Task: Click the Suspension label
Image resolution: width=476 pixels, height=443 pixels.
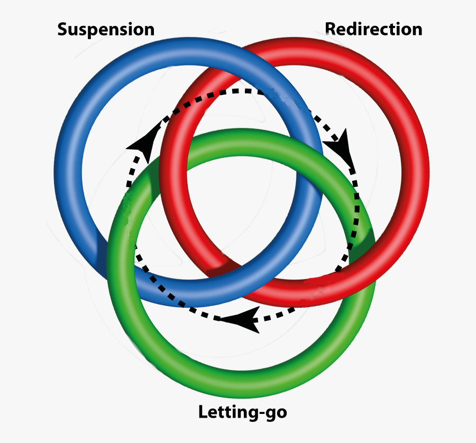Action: [106, 29]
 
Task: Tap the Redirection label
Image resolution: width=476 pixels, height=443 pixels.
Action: [373, 29]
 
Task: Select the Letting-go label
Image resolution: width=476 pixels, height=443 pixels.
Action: [242, 412]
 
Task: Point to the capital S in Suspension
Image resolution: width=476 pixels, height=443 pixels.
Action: [63, 29]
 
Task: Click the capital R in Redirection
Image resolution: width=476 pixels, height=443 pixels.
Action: [331, 29]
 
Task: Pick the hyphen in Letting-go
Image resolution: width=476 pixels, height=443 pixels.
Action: [262, 413]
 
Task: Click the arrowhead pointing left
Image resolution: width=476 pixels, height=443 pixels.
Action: [241, 319]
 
